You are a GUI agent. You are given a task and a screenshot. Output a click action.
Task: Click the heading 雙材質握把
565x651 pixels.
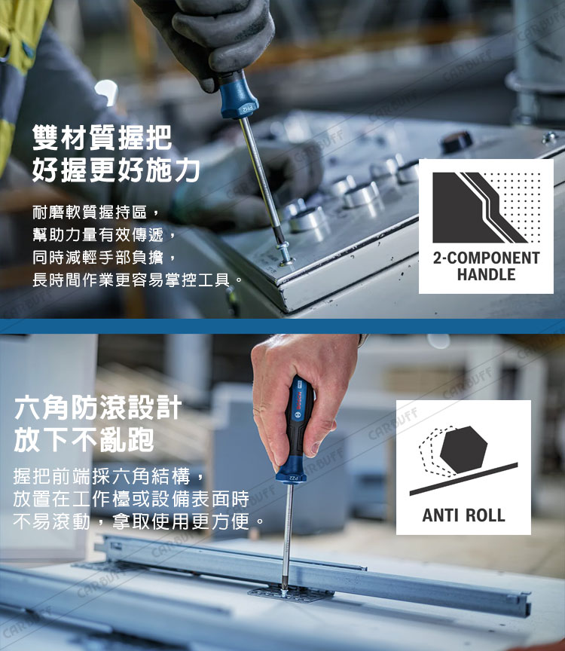point(102,137)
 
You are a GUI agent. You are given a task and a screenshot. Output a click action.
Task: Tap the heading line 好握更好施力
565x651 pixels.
point(116,170)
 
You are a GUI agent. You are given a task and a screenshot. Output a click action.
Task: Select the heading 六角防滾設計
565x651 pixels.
point(98,408)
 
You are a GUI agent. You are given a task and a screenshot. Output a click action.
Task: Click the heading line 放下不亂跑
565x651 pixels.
point(84,440)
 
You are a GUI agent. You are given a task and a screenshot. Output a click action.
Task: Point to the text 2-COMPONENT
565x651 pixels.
point(486,258)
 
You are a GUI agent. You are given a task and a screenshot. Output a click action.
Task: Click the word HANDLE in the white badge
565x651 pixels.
point(486,274)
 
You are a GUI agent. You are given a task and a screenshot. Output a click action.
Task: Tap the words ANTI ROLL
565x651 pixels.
point(464,515)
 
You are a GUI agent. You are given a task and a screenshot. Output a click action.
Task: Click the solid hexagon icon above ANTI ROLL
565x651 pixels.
point(463,450)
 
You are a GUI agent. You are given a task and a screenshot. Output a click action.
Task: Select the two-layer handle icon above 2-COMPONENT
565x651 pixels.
point(487,208)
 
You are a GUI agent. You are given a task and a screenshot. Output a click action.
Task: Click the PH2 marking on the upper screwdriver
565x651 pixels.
point(247,109)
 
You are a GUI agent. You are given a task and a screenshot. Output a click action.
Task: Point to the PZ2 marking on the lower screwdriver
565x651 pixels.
point(294,478)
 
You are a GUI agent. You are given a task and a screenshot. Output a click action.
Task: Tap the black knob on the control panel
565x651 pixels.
point(457,142)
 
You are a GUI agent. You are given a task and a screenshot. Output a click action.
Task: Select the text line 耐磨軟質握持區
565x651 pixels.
point(90,212)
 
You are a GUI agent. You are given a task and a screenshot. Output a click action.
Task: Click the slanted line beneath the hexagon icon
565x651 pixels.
point(464,479)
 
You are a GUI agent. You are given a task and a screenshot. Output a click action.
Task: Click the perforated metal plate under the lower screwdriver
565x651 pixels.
point(291,594)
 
